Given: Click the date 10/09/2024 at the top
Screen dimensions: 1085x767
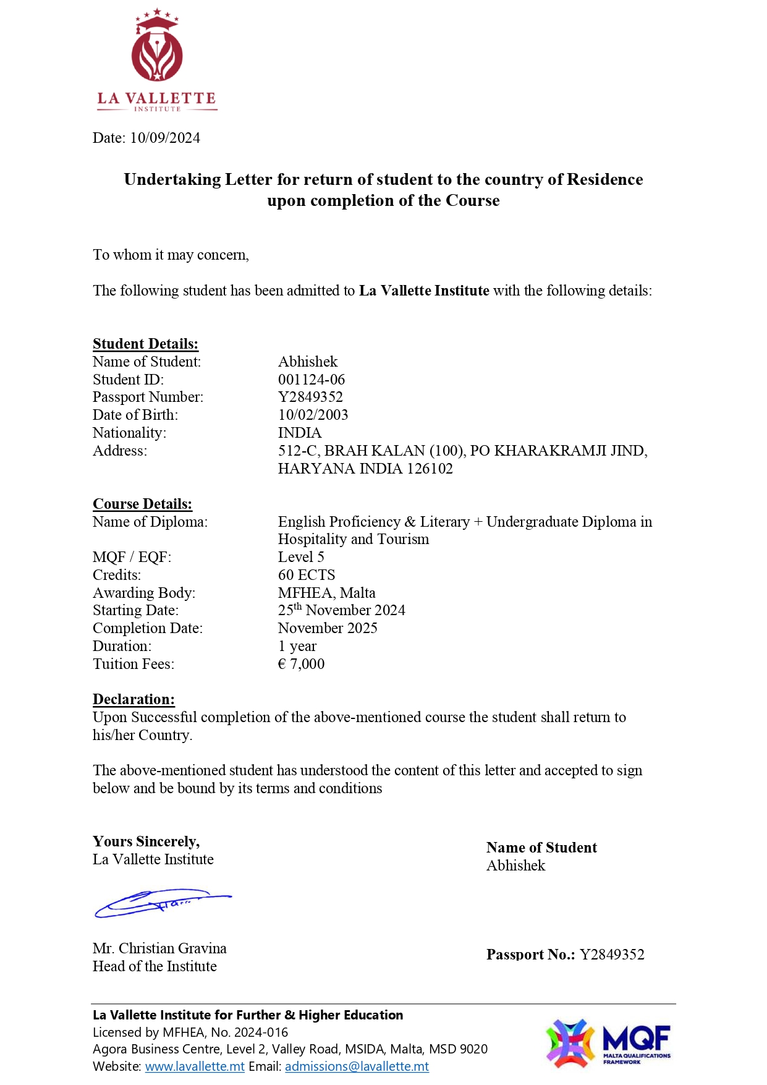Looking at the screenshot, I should click(165, 138).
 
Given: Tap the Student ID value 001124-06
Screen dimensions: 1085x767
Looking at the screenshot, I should click(311, 380).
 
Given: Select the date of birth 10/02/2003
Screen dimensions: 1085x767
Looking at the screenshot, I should click(313, 415).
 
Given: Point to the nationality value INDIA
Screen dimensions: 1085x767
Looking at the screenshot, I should click(300, 433).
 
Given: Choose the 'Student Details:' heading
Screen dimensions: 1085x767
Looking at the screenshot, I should click(145, 344).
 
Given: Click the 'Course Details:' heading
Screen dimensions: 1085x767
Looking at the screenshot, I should click(142, 504).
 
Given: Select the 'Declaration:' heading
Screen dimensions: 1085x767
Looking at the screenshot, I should click(133, 699).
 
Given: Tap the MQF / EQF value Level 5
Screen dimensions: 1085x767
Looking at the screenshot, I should click(301, 557).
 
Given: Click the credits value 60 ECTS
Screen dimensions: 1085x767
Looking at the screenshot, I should click(307, 575).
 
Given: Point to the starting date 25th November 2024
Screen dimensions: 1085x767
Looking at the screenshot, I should click(341, 610).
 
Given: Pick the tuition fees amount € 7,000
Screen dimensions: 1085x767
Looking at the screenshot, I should click(301, 664).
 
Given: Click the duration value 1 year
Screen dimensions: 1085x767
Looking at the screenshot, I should click(297, 646).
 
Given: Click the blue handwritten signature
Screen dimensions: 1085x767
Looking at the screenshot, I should click(162, 903).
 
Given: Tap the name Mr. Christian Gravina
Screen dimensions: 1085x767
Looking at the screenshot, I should click(159, 948).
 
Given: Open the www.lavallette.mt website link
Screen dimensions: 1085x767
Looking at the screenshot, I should click(195, 1066).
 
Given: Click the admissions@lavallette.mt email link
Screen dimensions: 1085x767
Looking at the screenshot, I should click(357, 1066).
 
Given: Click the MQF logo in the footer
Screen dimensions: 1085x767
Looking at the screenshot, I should click(608, 1044).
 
